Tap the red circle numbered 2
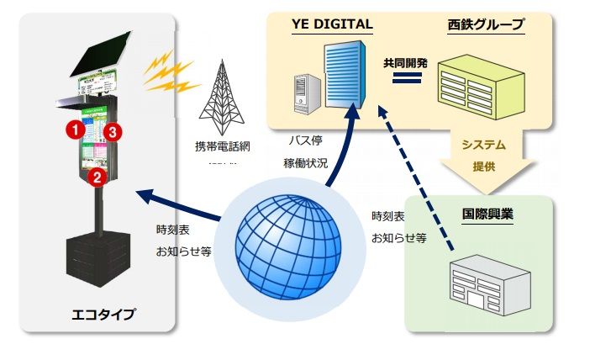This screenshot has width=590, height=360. point(97,177)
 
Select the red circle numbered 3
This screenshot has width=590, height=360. point(115,131)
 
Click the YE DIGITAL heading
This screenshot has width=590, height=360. point(331,24)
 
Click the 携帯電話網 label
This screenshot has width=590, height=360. point(223,146)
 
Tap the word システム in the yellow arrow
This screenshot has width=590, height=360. point(485,145)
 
